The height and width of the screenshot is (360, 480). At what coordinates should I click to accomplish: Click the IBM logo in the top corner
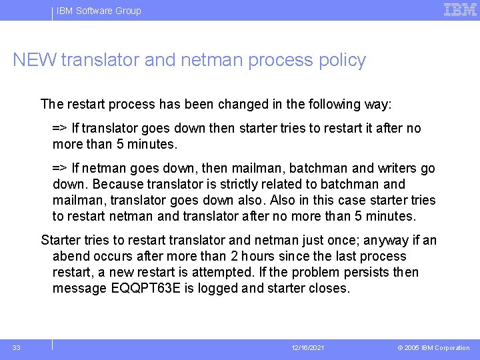point(460,10)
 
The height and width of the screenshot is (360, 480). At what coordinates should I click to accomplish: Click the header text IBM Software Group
point(99,11)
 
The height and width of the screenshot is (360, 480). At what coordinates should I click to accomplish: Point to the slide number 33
point(16,347)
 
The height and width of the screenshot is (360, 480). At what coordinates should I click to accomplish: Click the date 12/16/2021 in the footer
point(307,348)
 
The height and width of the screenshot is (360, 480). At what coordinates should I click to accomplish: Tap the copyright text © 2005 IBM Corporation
point(433,348)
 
